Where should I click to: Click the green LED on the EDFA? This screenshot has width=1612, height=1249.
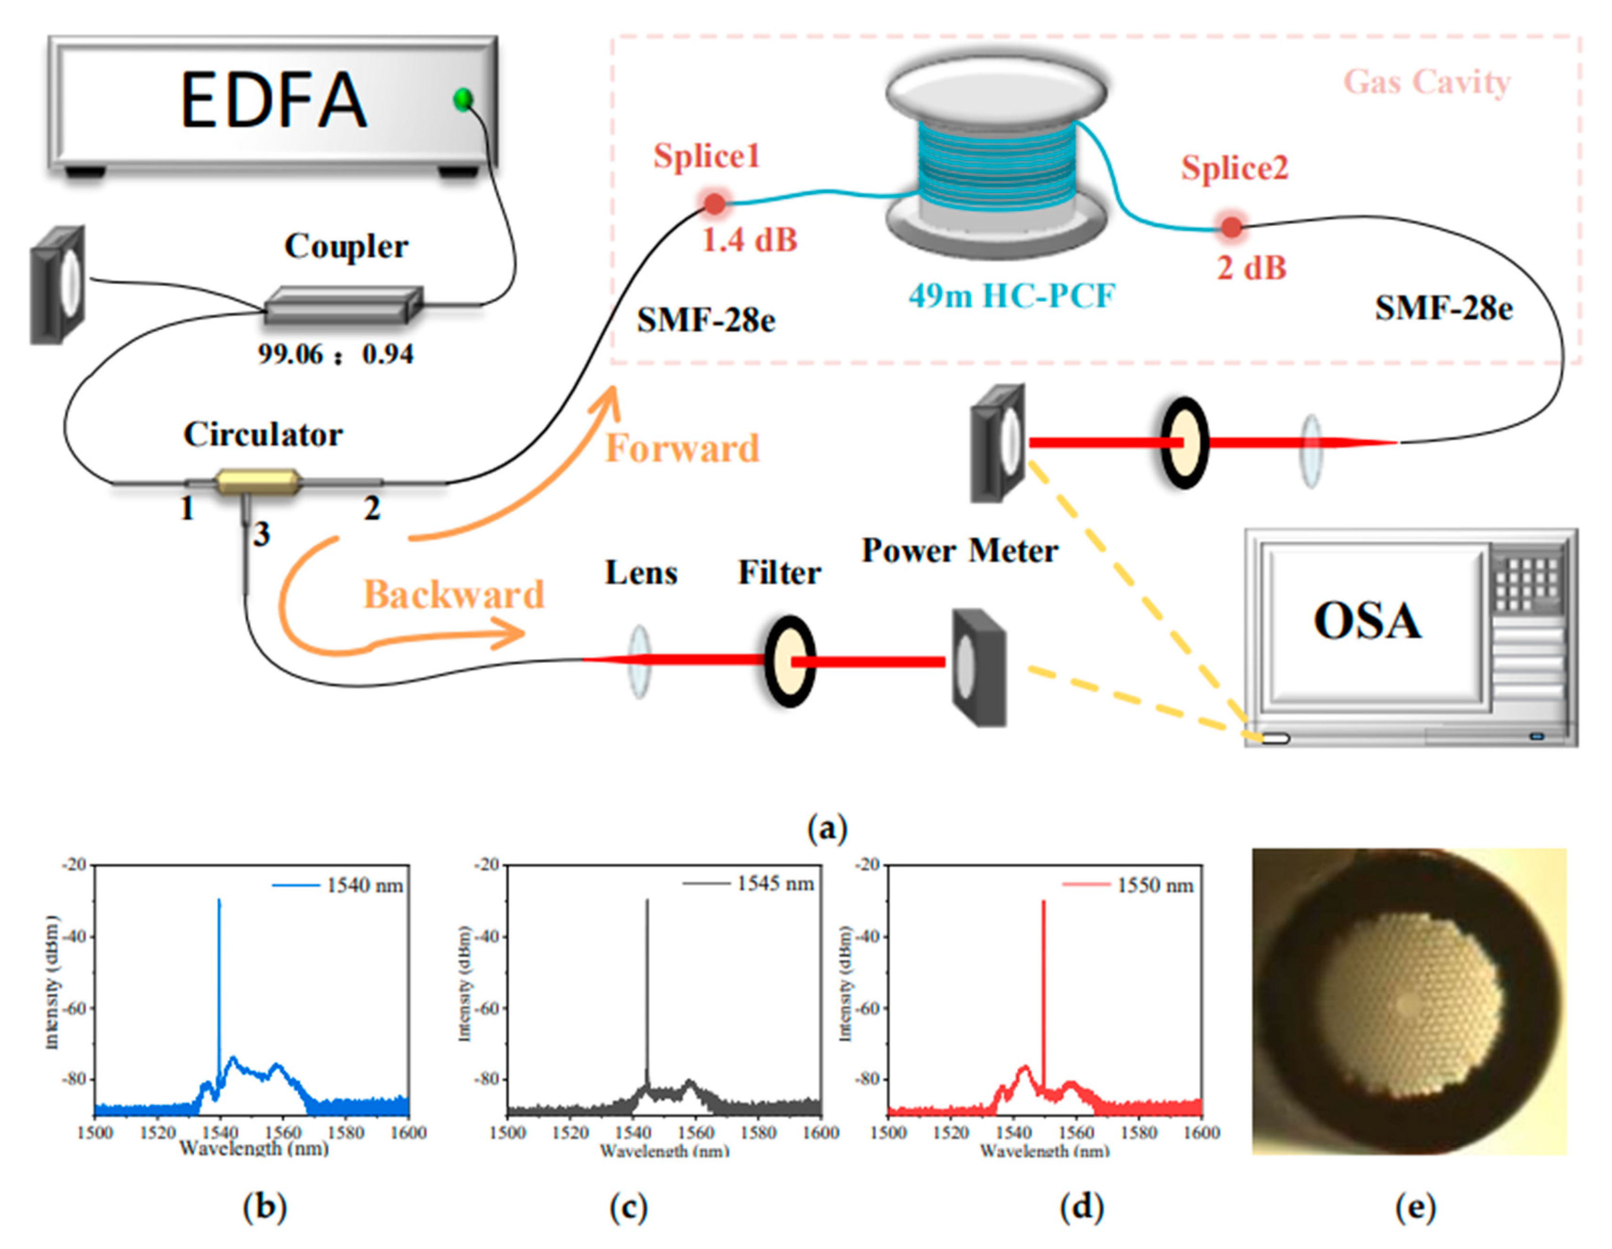pos(463,98)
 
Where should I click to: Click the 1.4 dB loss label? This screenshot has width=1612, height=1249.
pos(749,240)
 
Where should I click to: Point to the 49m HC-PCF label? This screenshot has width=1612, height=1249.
pos(1011,296)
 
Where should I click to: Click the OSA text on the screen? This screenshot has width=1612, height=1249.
pos(1367,621)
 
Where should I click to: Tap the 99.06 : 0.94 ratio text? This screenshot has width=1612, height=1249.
pos(336,355)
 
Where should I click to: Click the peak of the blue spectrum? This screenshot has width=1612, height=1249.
pos(219,901)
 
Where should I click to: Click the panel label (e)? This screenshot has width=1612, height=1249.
pos(1415,1207)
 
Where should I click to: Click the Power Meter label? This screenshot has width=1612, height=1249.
pos(960,551)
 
